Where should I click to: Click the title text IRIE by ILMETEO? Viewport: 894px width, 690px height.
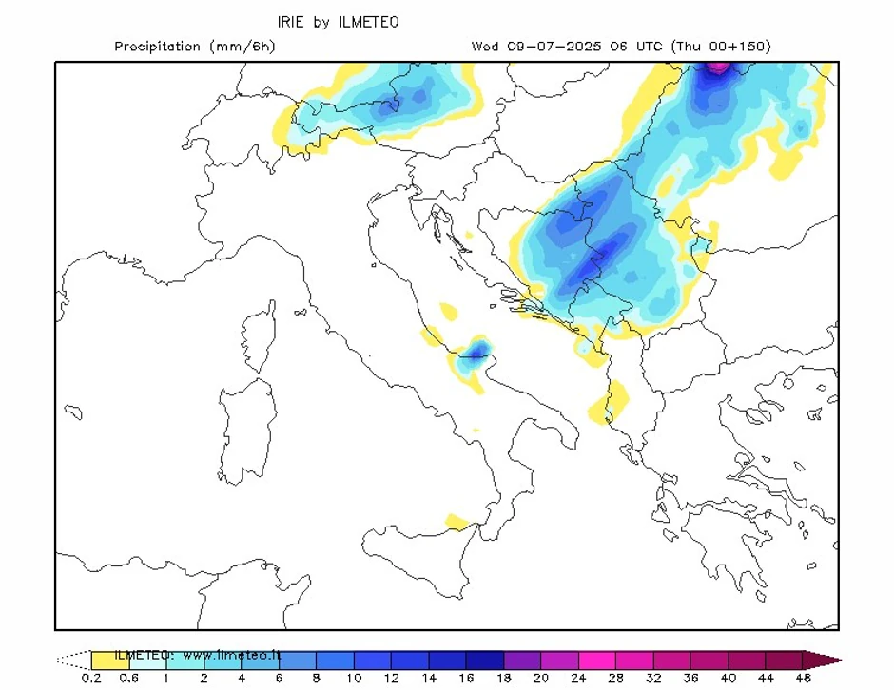click(x=333, y=22)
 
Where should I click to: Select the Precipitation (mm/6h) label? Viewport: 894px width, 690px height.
click(x=194, y=47)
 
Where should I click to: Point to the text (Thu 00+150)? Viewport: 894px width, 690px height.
click(x=720, y=47)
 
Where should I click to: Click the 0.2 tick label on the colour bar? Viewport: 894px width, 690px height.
click(x=91, y=679)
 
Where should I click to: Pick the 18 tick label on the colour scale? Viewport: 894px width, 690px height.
click(x=504, y=679)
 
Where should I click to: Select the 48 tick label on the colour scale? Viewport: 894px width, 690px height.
click(x=803, y=679)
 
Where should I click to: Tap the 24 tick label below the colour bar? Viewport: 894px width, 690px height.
click(x=579, y=679)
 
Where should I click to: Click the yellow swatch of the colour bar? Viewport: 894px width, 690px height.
click(x=109, y=659)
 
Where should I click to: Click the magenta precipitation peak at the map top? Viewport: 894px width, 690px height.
click(x=718, y=67)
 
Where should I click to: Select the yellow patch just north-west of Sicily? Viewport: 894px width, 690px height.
click(x=458, y=522)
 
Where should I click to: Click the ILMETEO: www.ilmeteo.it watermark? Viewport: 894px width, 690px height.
click(x=198, y=655)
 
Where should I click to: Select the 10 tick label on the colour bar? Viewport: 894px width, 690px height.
click(x=354, y=679)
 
